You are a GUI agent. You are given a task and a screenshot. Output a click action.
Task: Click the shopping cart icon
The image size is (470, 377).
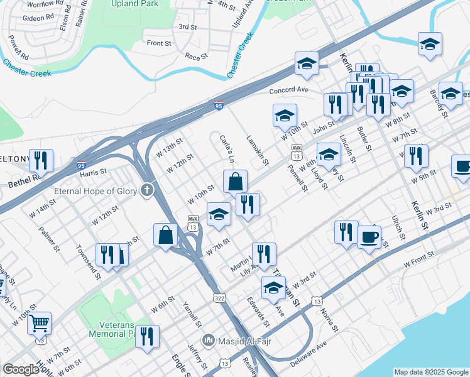(39, 324)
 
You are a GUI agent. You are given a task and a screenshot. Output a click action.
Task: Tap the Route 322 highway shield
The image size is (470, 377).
(218, 296)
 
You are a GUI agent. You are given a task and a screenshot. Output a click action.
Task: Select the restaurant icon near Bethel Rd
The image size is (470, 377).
(41, 160)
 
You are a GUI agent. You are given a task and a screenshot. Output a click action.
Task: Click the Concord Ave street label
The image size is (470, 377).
(289, 90)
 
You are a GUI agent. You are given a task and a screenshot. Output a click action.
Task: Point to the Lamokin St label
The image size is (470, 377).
(258, 151)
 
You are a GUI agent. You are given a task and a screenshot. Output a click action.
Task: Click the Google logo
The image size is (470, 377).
(21, 369)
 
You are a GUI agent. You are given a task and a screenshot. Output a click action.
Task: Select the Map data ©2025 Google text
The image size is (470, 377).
(431, 372)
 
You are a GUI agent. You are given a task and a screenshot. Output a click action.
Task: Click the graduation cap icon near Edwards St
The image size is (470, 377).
(273, 288)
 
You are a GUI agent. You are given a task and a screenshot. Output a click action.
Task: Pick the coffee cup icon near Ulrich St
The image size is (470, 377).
(369, 236)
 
